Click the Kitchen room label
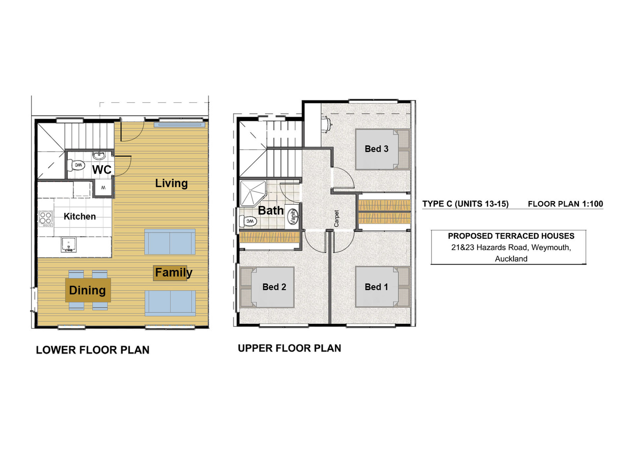(x=79, y=216)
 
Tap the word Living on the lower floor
(x=171, y=183)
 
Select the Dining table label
(x=88, y=290)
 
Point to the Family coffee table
(x=170, y=273)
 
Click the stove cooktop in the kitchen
(x=46, y=219)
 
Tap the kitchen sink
(x=68, y=244)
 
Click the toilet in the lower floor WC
(x=77, y=166)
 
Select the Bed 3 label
(x=376, y=149)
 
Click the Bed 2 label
(x=274, y=287)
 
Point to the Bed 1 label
(x=376, y=287)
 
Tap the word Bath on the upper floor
(x=271, y=211)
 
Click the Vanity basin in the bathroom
(x=293, y=216)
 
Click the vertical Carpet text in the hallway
(x=336, y=219)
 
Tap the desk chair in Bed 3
(x=326, y=124)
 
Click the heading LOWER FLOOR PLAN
(x=93, y=350)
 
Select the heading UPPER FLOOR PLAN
(x=289, y=348)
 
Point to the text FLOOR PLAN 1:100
(x=565, y=204)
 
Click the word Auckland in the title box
(x=511, y=259)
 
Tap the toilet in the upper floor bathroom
(x=248, y=221)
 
